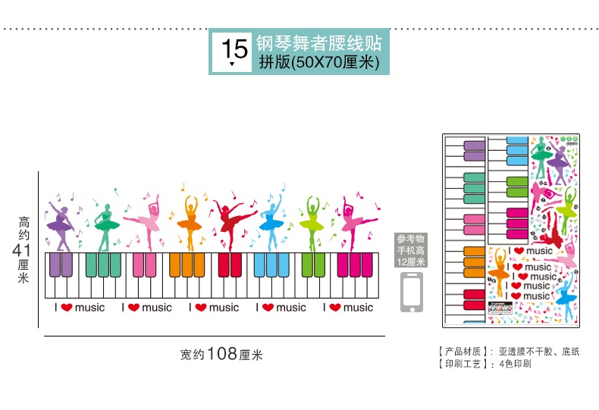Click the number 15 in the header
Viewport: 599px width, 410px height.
(235, 48)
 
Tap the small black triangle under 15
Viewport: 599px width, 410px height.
(232, 64)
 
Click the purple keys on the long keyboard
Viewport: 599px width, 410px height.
(60, 265)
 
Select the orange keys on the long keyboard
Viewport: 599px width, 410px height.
(186, 265)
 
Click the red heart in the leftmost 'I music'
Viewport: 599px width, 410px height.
(66, 308)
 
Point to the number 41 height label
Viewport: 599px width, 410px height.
(23, 249)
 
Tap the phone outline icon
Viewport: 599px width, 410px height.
(412, 292)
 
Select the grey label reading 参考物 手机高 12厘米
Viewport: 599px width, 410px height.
(412, 249)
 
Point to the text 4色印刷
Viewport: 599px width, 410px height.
(515, 364)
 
